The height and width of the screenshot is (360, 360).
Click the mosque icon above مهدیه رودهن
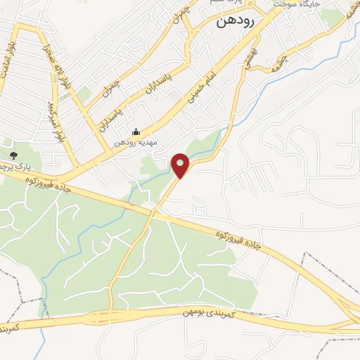coord(136,131)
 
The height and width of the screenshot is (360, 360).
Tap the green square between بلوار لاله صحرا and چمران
coord(85,93)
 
